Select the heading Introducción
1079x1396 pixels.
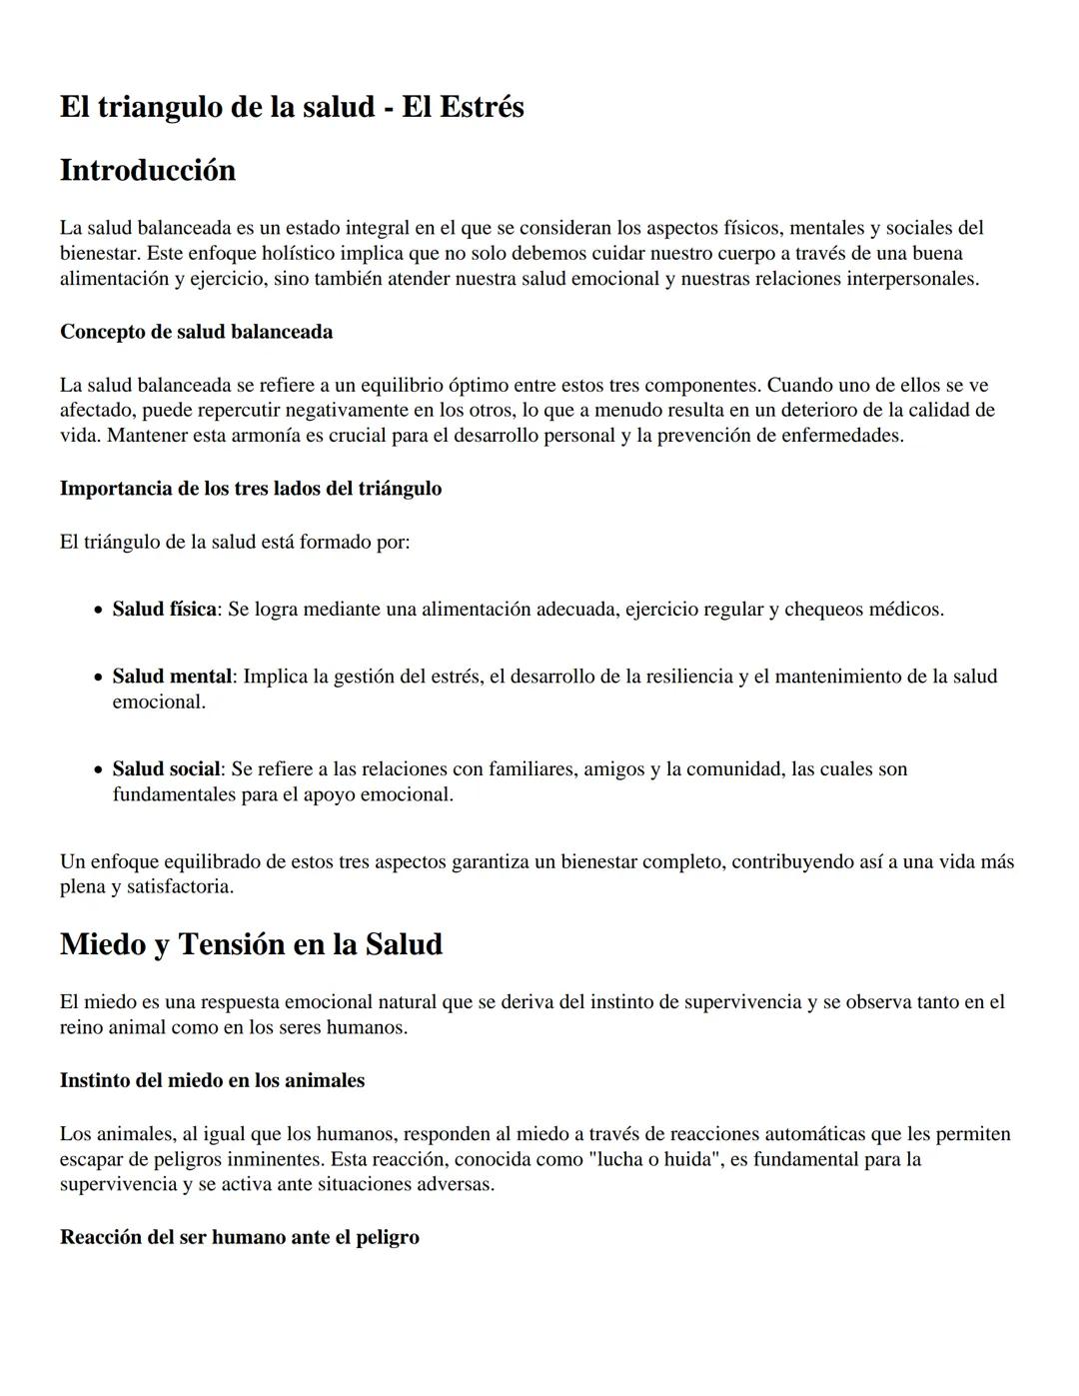(148, 171)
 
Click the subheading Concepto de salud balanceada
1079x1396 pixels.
(196, 332)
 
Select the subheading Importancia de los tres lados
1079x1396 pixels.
(250, 489)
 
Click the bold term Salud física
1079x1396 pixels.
(164, 610)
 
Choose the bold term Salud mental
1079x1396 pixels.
(172, 677)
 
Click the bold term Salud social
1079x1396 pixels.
(166, 769)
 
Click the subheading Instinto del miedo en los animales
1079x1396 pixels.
(212, 1081)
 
